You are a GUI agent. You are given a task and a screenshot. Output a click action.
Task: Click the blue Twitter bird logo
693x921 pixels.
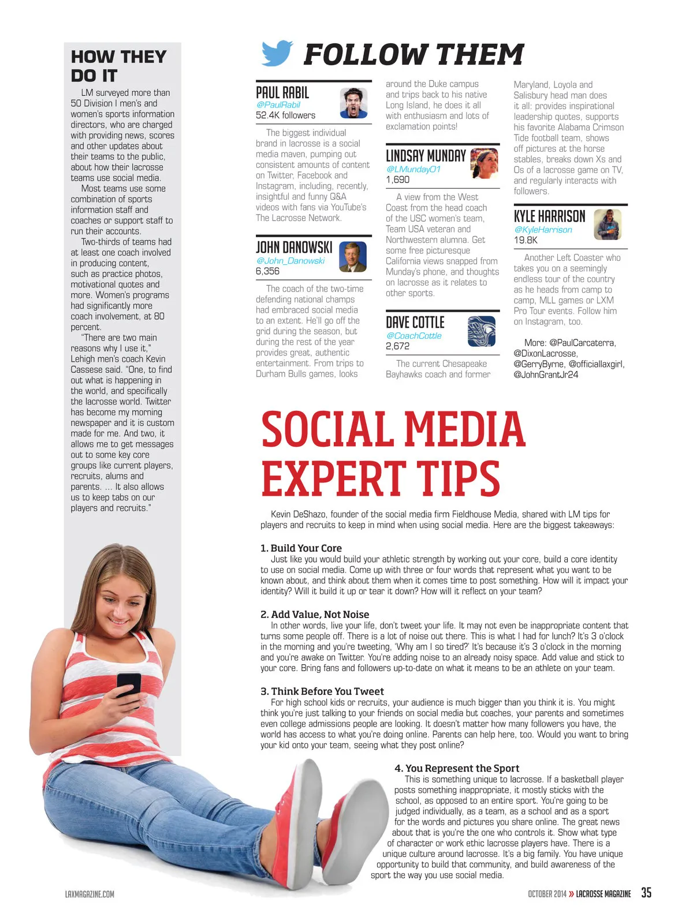coord(277,53)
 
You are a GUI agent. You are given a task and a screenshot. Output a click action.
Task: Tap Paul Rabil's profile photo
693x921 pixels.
coord(354,103)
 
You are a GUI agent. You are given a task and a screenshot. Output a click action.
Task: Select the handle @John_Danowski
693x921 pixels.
coord(290,261)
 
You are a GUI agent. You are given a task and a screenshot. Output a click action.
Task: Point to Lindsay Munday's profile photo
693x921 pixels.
coord(484,163)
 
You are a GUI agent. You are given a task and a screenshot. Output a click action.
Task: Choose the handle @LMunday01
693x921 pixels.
coord(413,169)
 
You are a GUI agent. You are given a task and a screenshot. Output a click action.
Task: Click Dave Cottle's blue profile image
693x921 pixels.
coord(481,331)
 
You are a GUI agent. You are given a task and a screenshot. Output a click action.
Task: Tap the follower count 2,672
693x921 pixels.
coord(397,346)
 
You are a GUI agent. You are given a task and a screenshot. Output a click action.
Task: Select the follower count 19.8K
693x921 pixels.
coord(526,240)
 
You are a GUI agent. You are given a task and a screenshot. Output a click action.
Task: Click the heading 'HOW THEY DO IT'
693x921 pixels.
coord(118,66)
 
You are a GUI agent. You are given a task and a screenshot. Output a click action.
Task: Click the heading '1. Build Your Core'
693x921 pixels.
coord(301,548)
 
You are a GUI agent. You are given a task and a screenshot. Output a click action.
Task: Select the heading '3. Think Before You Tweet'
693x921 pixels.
coord(322,691)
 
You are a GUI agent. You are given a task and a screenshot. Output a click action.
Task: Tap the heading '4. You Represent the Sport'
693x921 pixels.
coord(457,768)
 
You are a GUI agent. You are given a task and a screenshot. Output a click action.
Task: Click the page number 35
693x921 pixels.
coord(646,892)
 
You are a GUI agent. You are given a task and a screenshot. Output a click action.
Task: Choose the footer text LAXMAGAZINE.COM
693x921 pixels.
coord(90,894)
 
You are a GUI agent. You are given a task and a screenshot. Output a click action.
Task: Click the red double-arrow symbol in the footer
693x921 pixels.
coord(571,894)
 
